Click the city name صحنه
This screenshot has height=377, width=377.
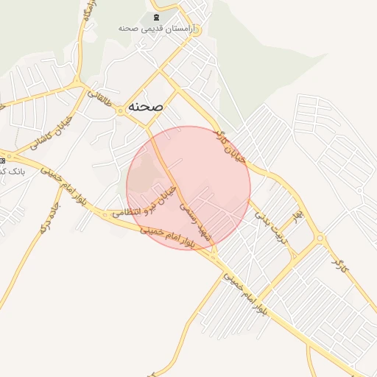tap(145, 106)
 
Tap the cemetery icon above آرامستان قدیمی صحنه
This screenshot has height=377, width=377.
tap(155, 17)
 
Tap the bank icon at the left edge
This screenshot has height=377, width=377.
tap(2, 159)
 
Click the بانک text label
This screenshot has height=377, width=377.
tap(12, 171)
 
